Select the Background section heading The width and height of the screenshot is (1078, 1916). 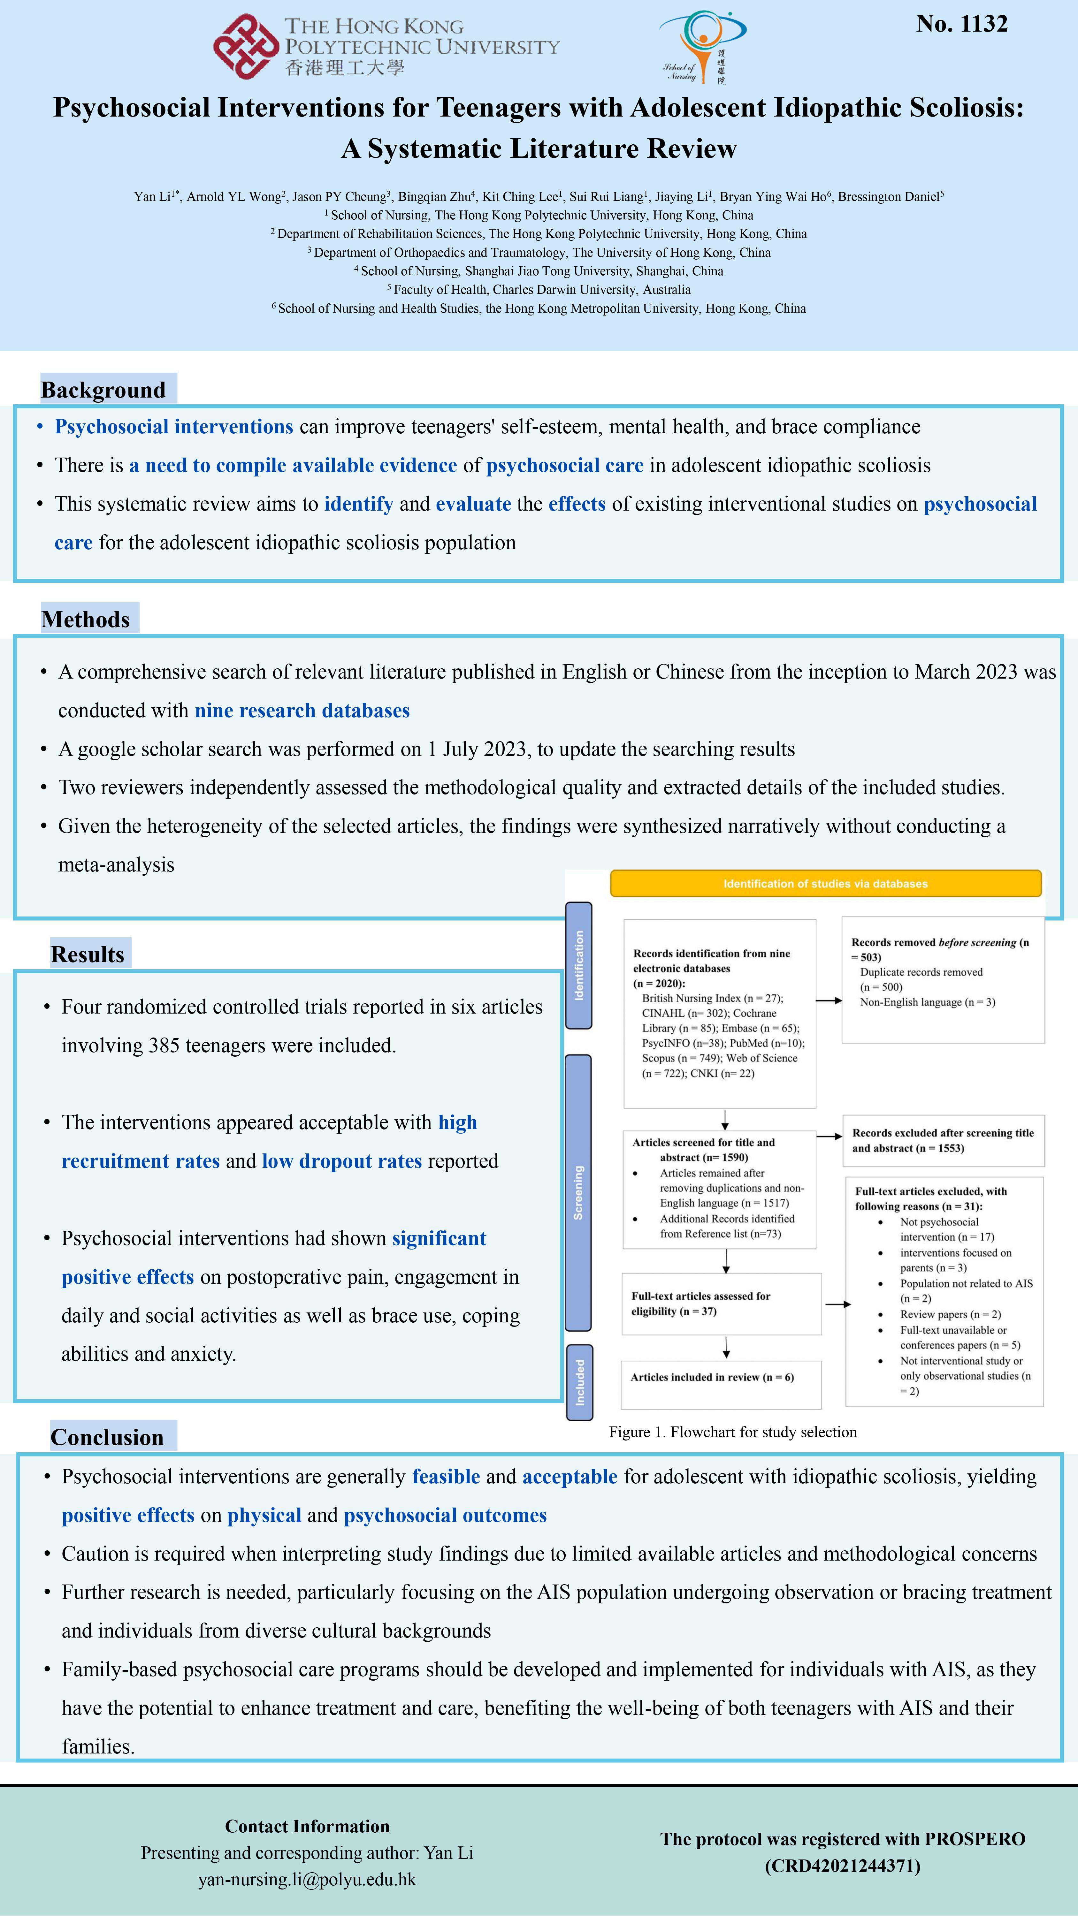[x=103, y=390]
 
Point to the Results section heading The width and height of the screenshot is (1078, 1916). [x=88, y=954]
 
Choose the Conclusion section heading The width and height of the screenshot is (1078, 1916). [x=107, y=1437]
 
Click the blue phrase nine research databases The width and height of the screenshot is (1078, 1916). [x=302, y=710]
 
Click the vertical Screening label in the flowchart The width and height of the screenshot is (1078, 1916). [x=578, y=1192]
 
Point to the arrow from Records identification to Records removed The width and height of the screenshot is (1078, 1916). [x=829, y=1000]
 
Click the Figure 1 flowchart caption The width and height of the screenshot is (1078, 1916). [x=733, y=1432]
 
